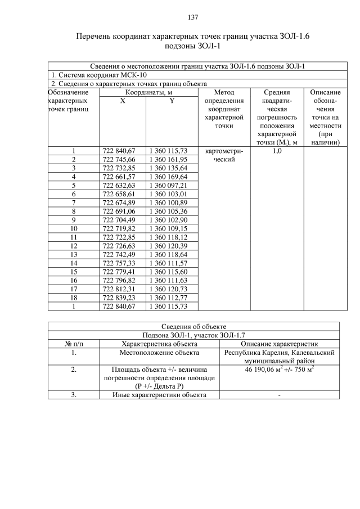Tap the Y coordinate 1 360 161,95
pyautogui.click(x=168, y=159)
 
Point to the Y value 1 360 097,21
pyautogui.click(x=168, y=185)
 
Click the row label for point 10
pyautogui.click(x=74, y=228)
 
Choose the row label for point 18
pyautogui.click(x=74, y=298)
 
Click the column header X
pyautogui.click(x=122, y=101)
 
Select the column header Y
pyautogui.click(x=172, y=101)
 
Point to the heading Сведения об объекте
pyautogui.click(x=193, y=326)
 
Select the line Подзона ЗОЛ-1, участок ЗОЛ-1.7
pyautogui.click(x=193, y=335)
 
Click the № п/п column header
pyautogui.click(x=74, y=344)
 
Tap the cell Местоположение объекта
pyautogui.click(x=159, y=353)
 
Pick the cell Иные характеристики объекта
pyautogui.click(x=159, y=394)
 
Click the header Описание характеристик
pyautogui.click(x=280, y=344)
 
